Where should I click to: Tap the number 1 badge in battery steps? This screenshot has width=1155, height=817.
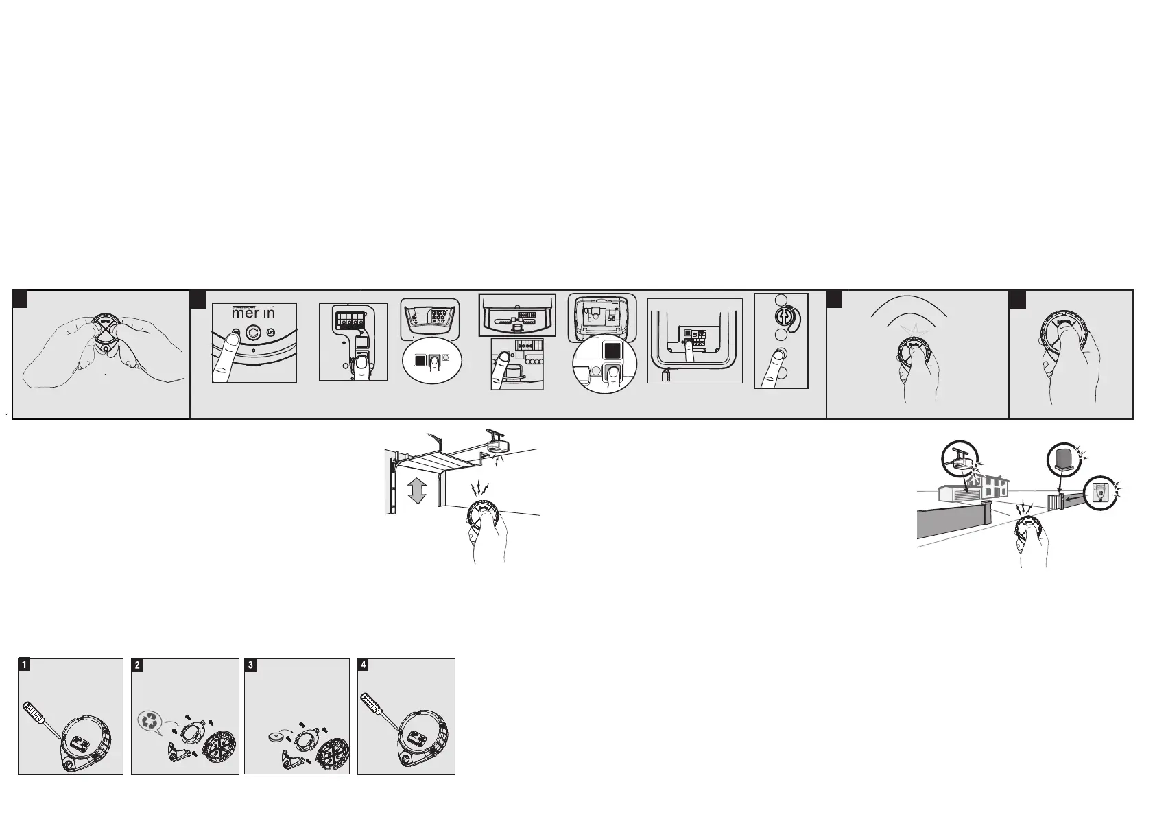24,665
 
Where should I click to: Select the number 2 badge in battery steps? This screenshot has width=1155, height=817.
138,665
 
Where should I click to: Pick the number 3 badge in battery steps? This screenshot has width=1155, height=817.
251,665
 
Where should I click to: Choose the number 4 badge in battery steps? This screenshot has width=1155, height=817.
364,665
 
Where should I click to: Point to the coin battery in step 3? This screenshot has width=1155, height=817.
276,738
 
